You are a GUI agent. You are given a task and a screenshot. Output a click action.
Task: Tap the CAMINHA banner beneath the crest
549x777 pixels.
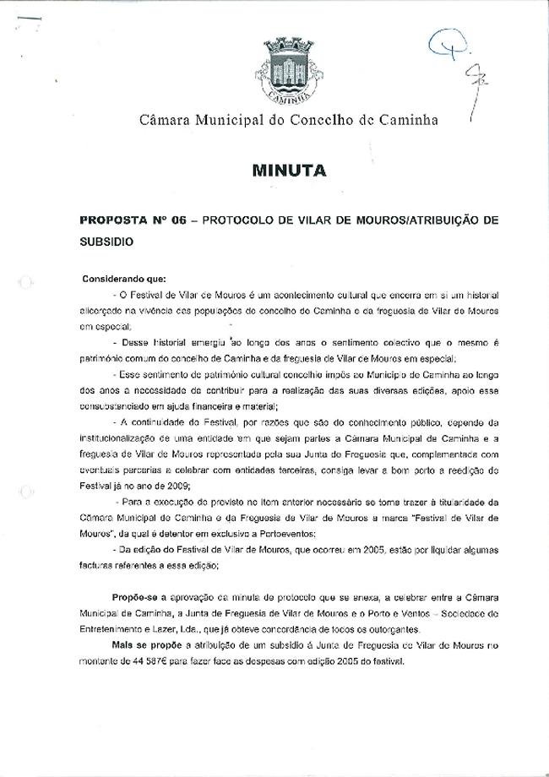coord(290,95)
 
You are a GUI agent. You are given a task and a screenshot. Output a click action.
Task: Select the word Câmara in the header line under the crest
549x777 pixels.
coord(166,120)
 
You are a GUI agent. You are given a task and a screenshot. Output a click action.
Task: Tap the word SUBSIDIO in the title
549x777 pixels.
coord(107,240)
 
